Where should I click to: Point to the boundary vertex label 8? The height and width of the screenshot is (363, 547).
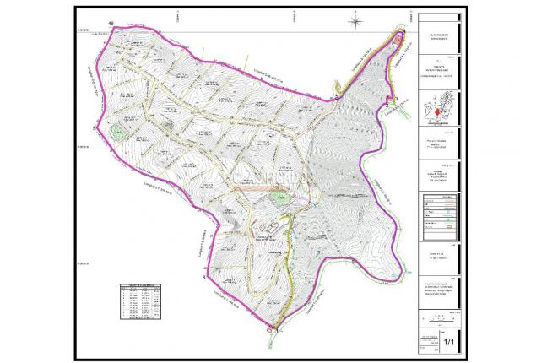click(203, 274)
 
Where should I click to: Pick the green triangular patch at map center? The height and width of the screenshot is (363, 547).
click(279, 198)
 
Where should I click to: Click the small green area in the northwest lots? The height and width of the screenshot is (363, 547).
click(163, 124)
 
